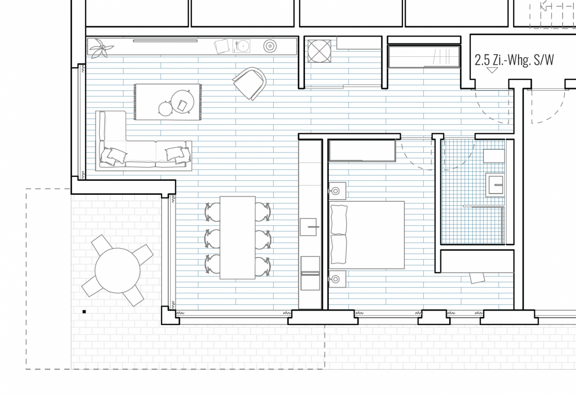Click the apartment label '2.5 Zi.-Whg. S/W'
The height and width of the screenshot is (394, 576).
pyautogui.click(x=514, y=60)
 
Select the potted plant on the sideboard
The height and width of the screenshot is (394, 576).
pyautogui.click(x=100, y=48)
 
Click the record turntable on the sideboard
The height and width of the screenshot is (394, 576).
pyautogui.click(x=241, y=46)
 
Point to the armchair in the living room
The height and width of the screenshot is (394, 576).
pyautogui.click(x=250, y=84)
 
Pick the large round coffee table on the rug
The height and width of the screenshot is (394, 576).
pyautogui.click(x=182, y=102)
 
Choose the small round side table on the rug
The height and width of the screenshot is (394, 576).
pyautogui.click(x=166, y=109)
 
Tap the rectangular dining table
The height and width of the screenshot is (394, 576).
pyautogui.click(x=238, y=237)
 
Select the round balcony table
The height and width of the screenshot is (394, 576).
pyautogui.click(x=118, y=270)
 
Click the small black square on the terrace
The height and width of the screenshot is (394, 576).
pyautogui.click(x=84, y=312)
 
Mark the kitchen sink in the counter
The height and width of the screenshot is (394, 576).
pyautogui.click(x=308, y=227)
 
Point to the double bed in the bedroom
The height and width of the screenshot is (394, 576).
pyautogui.click(x=367, y=235)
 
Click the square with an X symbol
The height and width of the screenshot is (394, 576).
pyautogui.click(x=319, y=51)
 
